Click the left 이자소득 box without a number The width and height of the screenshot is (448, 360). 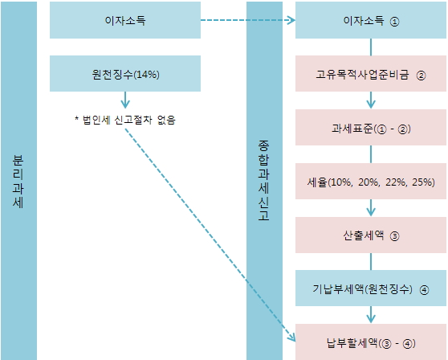(125, 20)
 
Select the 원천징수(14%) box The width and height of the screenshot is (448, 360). (125, 73)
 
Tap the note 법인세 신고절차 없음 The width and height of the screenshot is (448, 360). (125, 120)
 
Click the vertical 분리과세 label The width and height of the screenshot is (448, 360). (18, 182)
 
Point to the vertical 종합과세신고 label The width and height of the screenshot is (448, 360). (263, 180)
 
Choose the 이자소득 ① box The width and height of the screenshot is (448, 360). (371, 20)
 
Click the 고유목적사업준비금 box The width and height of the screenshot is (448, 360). (371, 73)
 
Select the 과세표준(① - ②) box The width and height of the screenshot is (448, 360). (371, 127)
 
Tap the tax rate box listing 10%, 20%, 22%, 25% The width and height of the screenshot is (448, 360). (371, 181)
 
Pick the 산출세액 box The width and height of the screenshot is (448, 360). (371, 235)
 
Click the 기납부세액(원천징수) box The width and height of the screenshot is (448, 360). (371, 288)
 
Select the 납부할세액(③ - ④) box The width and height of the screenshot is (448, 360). (371, 342)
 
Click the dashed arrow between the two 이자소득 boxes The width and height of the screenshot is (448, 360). (248, 20)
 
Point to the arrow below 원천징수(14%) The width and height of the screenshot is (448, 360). (125, 100)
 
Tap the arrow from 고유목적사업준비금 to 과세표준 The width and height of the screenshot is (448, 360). (371, 100)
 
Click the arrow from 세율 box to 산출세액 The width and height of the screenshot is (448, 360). (371, 207)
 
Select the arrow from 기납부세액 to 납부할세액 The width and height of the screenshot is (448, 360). (371, 314)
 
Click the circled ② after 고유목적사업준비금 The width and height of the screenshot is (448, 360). (421, 76)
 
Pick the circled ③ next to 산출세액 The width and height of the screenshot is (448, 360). (394, 236)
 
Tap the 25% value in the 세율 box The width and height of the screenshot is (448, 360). (423, 182)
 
